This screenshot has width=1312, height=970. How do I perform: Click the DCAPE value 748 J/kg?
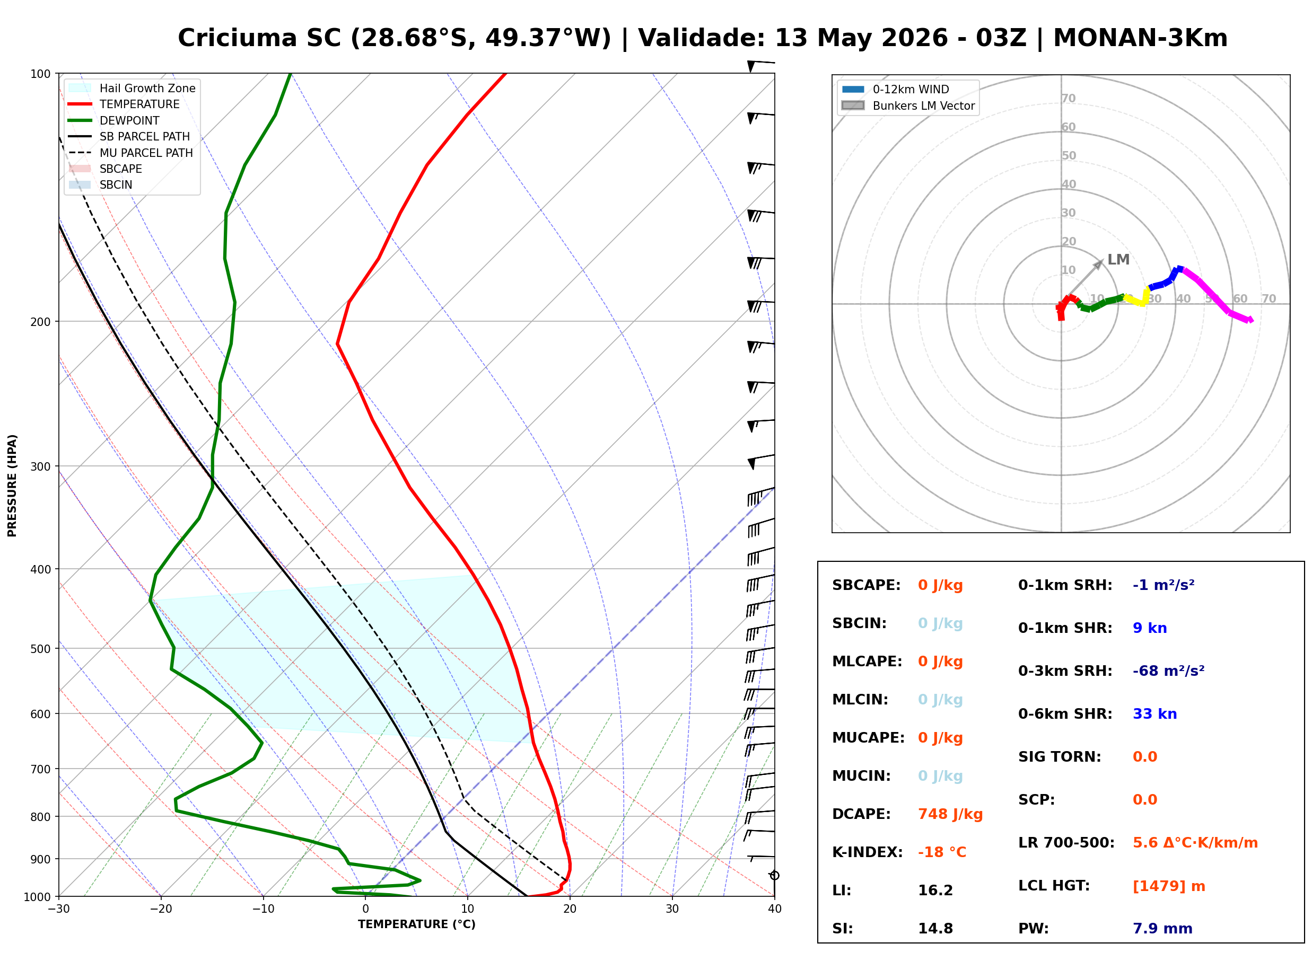click(x=950, y=814)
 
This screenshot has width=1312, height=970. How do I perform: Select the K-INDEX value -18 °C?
click(x=942, y=852)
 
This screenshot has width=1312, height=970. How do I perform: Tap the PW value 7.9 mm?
click(x=1162, y=929)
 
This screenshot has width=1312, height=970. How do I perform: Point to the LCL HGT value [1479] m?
click(x=1169, y=886)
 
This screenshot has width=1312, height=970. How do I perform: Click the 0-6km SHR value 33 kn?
click(x=1154, y=714)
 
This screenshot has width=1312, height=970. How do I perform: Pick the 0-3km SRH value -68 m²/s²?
click(x=1169, y=671)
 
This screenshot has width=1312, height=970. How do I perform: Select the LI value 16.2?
click(x=935, y=890)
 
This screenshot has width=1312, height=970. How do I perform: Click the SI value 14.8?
click(x=935, y=929)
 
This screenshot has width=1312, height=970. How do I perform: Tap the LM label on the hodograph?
click(x=1118, y=260)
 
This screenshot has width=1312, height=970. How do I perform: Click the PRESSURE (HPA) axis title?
click(x=12, y=486)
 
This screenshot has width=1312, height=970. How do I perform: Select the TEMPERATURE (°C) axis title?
click(x=417, y=925)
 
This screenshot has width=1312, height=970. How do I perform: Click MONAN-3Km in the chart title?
click(x=1140, y=38)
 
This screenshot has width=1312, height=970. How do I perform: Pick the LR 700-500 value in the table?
click(x=1195, y=843)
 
